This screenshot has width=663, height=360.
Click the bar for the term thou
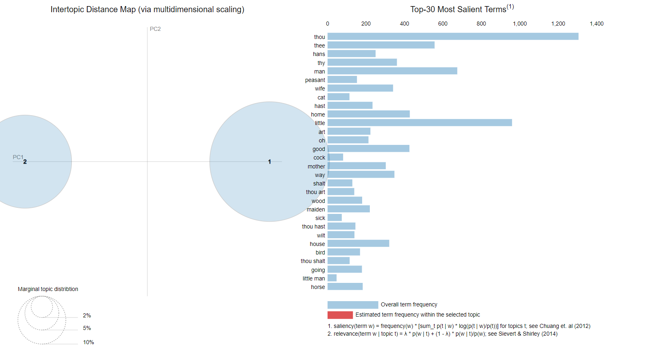(x=453, y=37)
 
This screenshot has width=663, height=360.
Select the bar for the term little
(x=420, y=123)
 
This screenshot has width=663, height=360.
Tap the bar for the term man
(x=393, y=71)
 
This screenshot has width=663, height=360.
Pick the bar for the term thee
(x=381, y=45)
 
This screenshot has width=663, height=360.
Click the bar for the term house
(x=358, y=244)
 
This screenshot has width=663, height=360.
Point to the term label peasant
(x=315, y=80)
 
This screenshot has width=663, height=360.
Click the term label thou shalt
(x=313, y=261)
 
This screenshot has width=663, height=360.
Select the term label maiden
(x=315, y=209)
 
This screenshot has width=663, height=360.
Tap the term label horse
(x=318, y=287)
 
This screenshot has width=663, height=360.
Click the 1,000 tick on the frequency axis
(x=520, y=24)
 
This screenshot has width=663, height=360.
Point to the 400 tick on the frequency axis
(x=404, y=24)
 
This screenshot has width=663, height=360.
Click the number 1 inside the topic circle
(x=269, y=162)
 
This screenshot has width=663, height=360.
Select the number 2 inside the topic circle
(x=25, y=162)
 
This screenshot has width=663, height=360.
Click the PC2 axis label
(x=155, y=29)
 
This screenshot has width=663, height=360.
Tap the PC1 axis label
(x=18, y=157)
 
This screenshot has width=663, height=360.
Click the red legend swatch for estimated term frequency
(x=340, y=315)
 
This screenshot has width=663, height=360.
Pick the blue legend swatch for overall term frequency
(x=353, y=305)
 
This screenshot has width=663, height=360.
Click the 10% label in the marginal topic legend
(x=89, y=342)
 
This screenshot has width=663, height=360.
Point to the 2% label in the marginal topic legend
(x=87, y=316)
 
